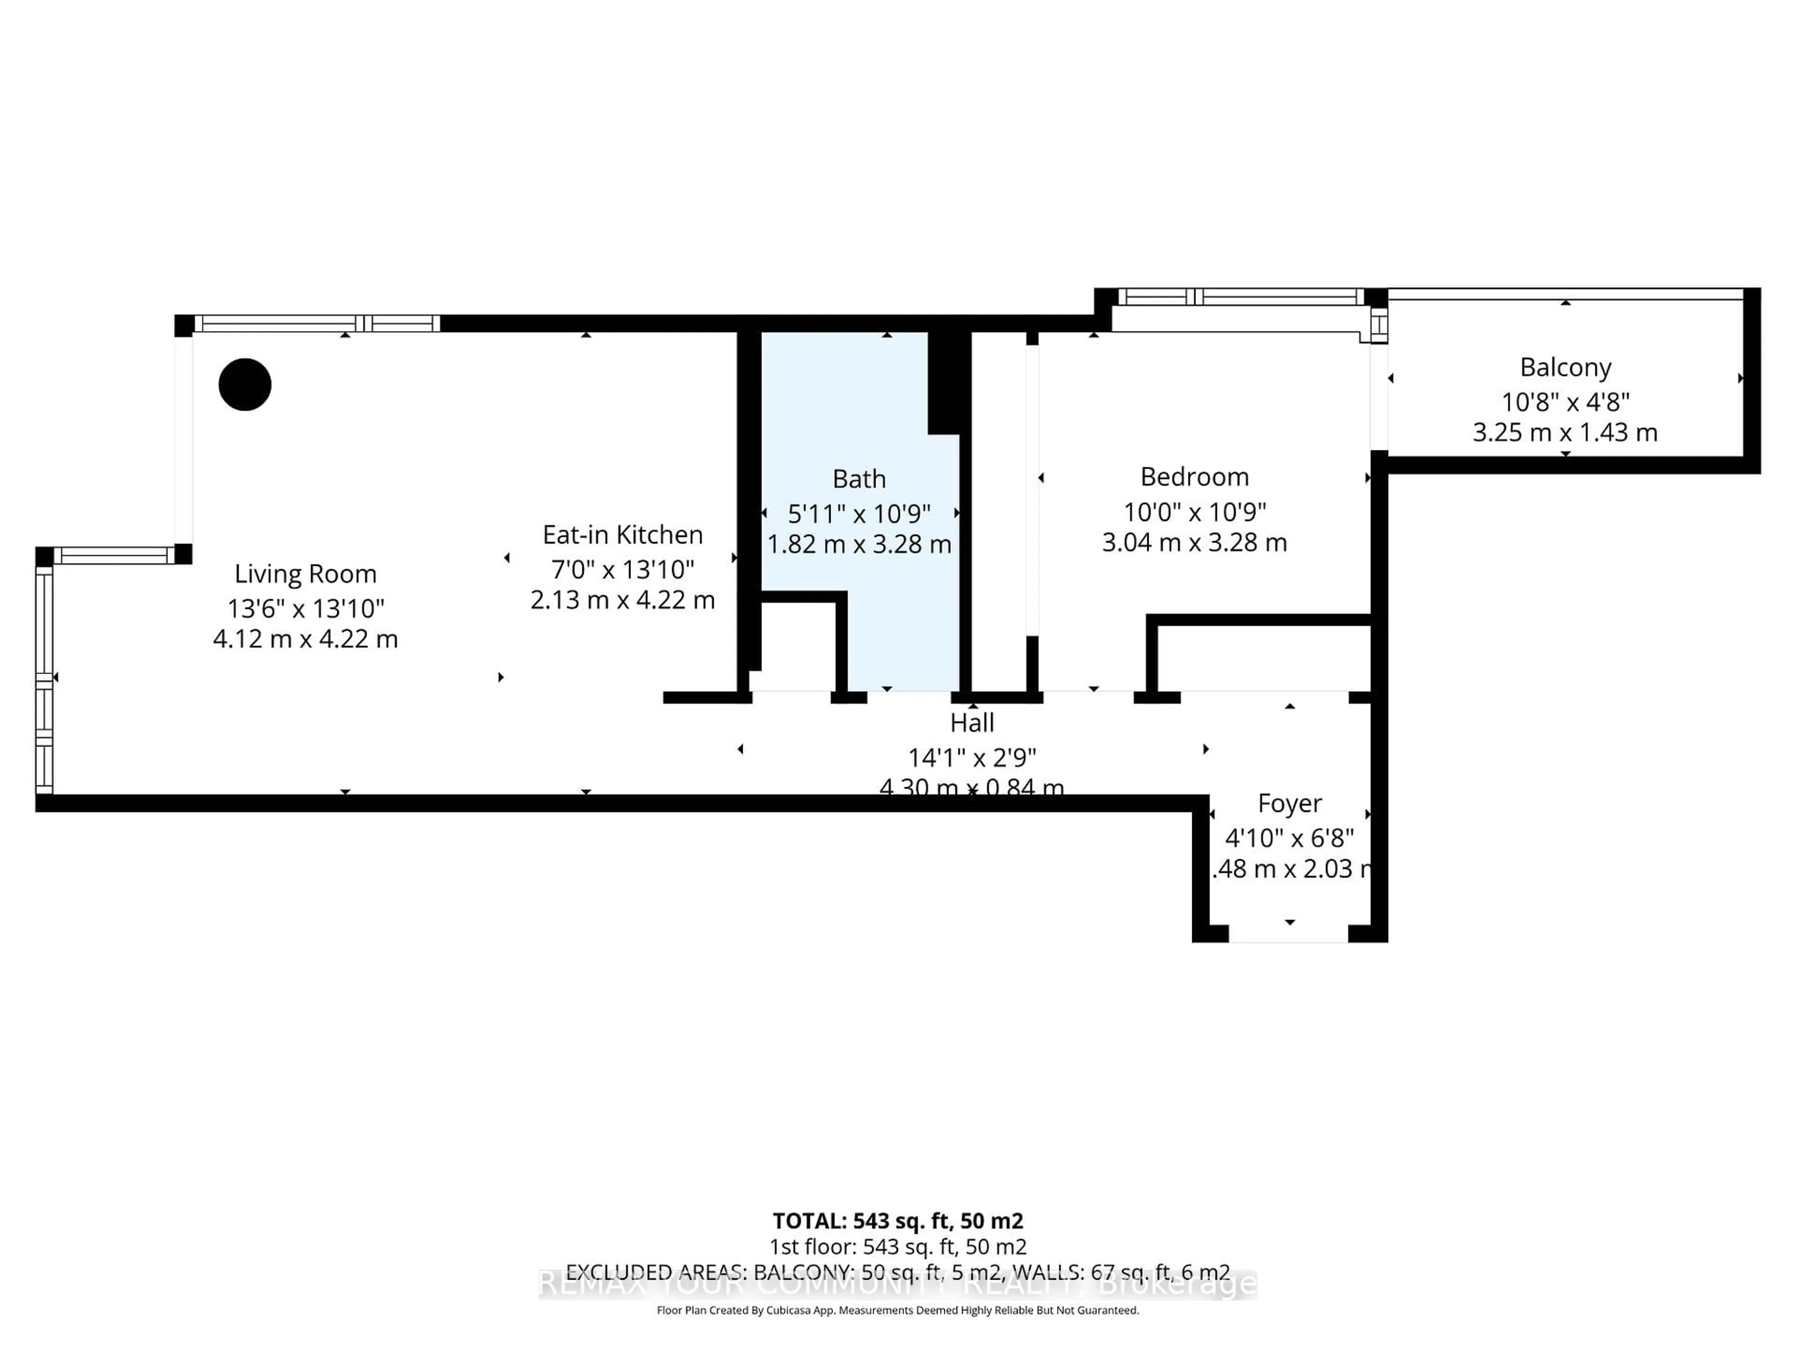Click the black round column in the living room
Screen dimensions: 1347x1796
point(245,384)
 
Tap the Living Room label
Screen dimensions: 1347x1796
point(305,574)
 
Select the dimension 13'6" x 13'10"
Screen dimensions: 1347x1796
point(305,608)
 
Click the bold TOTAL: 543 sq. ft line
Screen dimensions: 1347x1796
point(897,1220)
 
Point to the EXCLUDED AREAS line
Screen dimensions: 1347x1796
point(897,1272)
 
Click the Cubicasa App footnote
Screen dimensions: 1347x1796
point(897,1310)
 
